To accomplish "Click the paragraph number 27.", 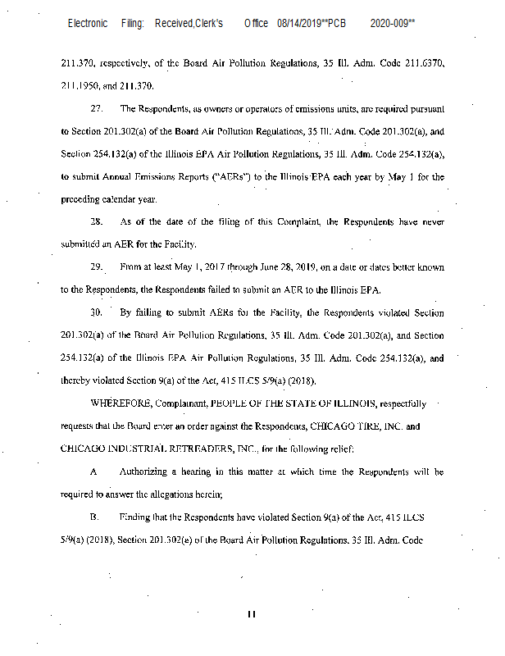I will [x=96, y=109].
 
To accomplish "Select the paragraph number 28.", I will [x=96, y=221].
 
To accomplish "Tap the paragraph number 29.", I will [x=96, y=267].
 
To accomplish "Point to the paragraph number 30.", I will [x=96, y=312].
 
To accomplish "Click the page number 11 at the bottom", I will [x=252, y=612].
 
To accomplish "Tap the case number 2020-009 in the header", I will [x=390, y=24].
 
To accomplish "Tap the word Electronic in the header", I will [x=88, y=24].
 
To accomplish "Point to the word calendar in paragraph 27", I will [x=120, y=199].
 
